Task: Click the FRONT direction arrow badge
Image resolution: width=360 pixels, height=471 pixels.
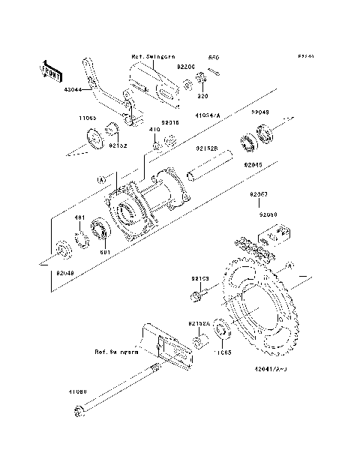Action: (51, 69)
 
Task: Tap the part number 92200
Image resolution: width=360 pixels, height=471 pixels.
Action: (185, 66)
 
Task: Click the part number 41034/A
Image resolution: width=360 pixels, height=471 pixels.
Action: (208, 115)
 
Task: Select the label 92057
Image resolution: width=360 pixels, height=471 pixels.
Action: (259, 194)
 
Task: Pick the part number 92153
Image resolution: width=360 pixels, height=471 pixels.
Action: (199, 278)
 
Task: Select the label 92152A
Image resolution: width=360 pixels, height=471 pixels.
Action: (199, 323)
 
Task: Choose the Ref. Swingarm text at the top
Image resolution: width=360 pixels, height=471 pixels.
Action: (153, 55)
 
